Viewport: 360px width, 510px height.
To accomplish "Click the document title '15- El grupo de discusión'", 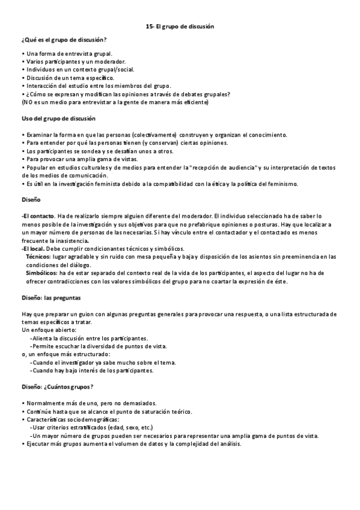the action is (180, 27).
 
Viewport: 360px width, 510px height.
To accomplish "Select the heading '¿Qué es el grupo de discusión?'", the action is (64, 40).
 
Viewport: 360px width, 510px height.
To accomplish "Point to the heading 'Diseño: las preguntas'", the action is (51, 298).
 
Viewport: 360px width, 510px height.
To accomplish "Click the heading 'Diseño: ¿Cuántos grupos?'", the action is (58, 387).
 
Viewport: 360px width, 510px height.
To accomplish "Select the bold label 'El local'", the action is (34, 248).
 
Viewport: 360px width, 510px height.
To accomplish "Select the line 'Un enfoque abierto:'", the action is (49, 330).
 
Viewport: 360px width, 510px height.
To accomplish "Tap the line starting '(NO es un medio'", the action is (114, 102).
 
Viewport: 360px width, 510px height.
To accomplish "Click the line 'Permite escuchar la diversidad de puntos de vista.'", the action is (99, 346).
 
